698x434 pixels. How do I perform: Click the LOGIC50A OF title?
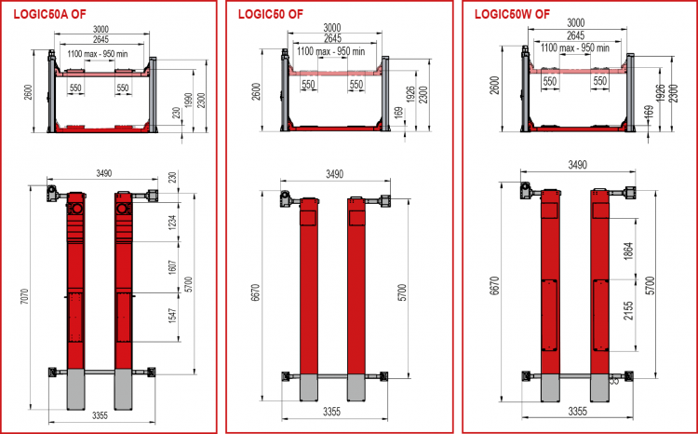pos(50,14)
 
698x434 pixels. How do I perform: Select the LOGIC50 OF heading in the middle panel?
pos(271,14)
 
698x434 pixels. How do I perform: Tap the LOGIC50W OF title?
pos(512,14)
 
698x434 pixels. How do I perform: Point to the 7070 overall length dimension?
pos(24,296)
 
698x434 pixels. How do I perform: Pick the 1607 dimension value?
pos(173,266)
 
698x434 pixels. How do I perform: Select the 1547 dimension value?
pos(173,316)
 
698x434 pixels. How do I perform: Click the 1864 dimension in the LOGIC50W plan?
pos(628,251)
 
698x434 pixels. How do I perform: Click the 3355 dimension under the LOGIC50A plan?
pos(101,415)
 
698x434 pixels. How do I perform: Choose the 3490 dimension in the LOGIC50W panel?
pos(577,165)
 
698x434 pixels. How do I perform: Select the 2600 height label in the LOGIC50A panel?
pos(29,102)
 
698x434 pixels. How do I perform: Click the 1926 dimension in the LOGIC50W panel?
pos(661,93)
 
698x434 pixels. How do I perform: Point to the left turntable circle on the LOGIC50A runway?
pos(76,209)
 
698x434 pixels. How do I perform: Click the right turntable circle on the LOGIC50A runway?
pos(123,209)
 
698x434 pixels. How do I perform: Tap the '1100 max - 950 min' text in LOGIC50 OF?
pos(330,51)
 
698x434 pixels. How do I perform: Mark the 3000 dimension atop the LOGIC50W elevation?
pos(575,23)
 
